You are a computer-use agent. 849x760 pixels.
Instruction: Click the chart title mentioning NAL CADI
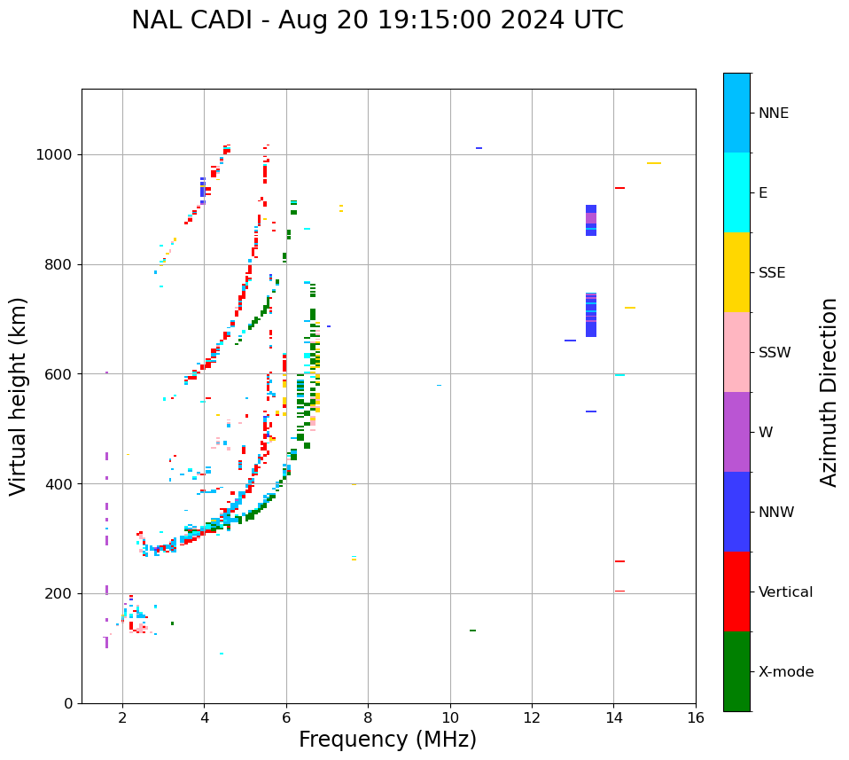pos(377,20)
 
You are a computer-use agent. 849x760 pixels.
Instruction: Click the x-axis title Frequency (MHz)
pos(387,740)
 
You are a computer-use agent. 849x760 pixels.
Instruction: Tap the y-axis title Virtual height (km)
pos(19,396)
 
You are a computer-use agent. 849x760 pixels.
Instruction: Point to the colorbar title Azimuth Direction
pos(829,392)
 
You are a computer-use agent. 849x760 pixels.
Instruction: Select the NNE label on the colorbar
pos(773,114)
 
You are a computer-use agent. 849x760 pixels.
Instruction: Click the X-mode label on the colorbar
pos(785,672)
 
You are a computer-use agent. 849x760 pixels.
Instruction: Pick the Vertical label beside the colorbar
pos(785,592)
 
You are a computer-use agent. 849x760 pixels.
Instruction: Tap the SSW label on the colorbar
pos(775,353)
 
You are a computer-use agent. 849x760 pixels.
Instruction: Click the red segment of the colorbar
pos(736,592)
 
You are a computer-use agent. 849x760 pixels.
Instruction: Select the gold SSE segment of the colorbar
pos(736,272)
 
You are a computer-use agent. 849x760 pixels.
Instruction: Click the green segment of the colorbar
pos(736,671)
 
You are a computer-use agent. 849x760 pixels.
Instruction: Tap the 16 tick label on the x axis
pos(696,717)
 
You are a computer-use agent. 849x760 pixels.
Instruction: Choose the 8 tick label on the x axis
pos(368,717)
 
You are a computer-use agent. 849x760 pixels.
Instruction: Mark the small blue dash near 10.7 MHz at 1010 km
pos(479,148)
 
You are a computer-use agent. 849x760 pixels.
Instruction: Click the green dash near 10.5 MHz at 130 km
pos(472,631)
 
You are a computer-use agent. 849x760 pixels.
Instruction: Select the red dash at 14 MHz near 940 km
pos(619,188)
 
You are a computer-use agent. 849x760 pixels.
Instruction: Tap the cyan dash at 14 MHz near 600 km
pos(619,375)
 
